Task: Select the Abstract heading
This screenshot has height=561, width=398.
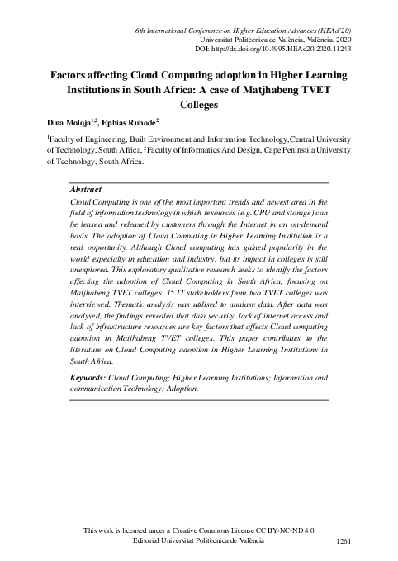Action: pyautogui.click(x=86, y=190)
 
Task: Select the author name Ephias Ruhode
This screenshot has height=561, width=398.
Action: pyautogui.click(x=135, y=122)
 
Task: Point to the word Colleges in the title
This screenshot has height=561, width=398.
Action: pyautogui.click(x=199, y=105)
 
